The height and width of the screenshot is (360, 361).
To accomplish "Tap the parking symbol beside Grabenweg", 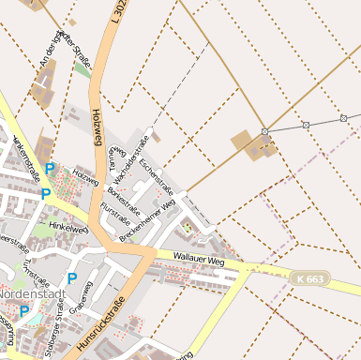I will coord(71,278).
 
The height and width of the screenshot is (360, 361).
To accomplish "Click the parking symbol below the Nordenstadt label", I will coord(24,310).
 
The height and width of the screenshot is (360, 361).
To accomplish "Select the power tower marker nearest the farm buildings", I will coord(265,132).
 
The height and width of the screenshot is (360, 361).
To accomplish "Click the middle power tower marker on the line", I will coord(306,125).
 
